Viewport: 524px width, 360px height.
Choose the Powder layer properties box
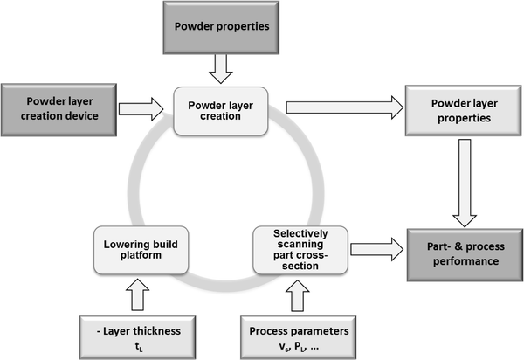(460, 109)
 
